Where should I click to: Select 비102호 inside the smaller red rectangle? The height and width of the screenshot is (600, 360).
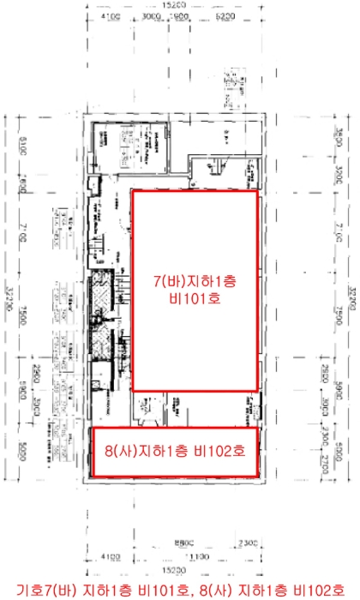[x=218, y=449]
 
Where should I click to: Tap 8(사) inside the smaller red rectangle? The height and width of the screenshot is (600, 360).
[x=124, y=449]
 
